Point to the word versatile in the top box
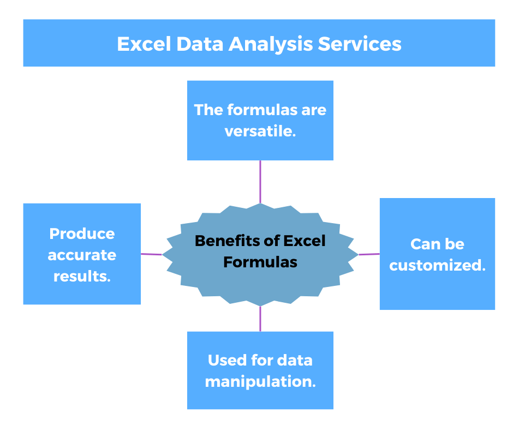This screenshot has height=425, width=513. [x=260, y=131]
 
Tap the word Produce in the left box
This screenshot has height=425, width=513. [x=82, y=234]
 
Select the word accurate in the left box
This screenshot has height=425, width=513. [x=82, y=255]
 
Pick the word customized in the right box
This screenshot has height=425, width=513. [x=437, y=265]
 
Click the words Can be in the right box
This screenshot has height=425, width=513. [x=437, y=244]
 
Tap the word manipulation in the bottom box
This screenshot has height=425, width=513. [x=260, y=381]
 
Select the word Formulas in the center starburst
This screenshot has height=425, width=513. [x=260, y=262]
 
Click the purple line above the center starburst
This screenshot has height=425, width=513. [x=260, y=182]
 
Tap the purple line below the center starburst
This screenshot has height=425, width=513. [x=260, y=319]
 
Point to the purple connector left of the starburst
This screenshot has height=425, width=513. [x=151, y=254]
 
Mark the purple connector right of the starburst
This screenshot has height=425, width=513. [x=369, y=254]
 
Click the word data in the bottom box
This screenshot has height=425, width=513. [x=294, y=360]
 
